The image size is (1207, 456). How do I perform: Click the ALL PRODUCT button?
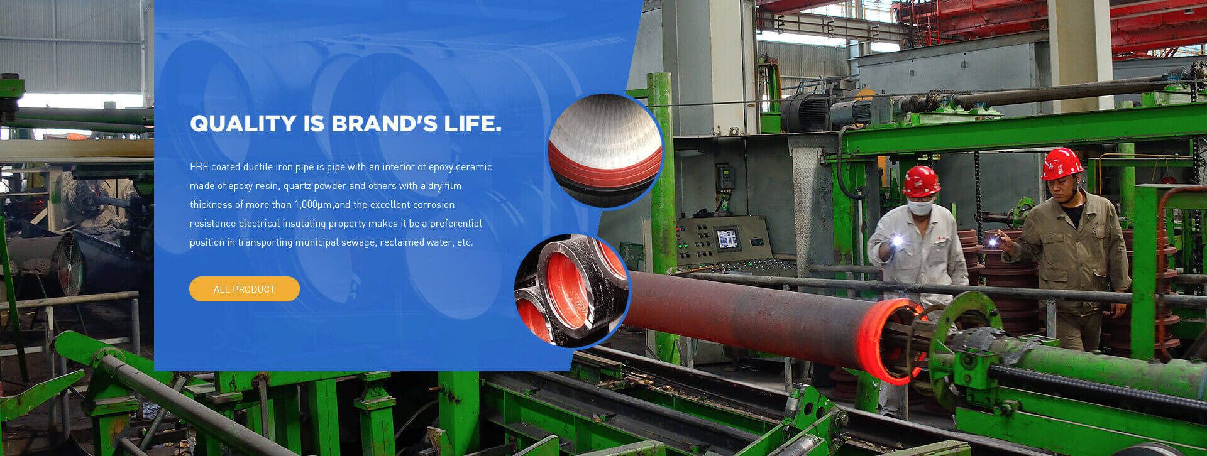[x=245, y=289]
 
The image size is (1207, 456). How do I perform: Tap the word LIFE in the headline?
[x=473, y=124]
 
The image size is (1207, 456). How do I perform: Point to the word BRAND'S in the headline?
[x=384, y=124]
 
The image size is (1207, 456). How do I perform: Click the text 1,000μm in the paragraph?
[x=313, y=205]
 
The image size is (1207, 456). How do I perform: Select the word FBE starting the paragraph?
[x=199, y=166]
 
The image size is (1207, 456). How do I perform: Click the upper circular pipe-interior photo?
[x=605, y=151]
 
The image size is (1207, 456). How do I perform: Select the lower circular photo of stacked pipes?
[x=572, y=291]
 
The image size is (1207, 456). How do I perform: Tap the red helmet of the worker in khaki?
[x=1061, y=163]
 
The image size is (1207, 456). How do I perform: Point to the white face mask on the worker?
[x=920, y=208]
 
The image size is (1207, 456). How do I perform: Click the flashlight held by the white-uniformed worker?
[x=897, y=240]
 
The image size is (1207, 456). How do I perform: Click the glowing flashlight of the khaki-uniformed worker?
[x=993, y=241]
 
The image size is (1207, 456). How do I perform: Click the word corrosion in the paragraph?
[x=433, y=205]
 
